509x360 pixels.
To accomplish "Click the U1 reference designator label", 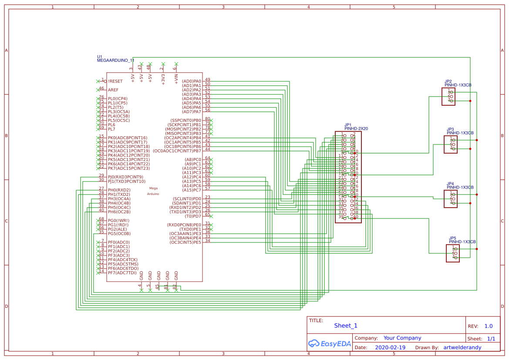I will [x=99, y=57].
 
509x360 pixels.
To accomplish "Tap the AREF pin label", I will [x=113, y=90].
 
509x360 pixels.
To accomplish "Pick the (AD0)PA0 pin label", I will [x=192, y=81].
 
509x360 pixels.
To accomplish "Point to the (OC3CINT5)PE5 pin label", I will [x=185, y=242].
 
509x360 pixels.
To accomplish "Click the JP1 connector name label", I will [x=347, y=124].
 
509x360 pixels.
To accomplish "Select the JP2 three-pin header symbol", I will [x=448, y=96].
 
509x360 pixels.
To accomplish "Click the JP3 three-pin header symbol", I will [x=451, y=144].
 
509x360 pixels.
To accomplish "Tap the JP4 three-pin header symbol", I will [x=451, y=199].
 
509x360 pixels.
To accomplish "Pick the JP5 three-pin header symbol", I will [x=453, y=253].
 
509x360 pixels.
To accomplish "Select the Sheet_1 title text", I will [x=346, y=326].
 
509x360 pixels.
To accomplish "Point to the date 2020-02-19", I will [x=390, y=348].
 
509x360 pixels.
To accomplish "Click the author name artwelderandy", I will [x=462, y=348].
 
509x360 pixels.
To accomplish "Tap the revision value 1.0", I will [x=488, y=326].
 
